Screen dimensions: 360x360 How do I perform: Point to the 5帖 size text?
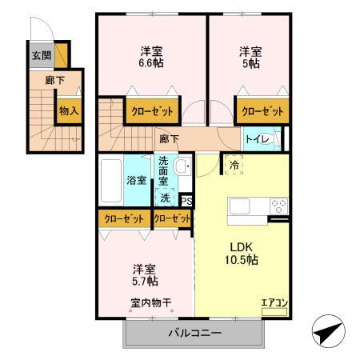[x=250, y=62]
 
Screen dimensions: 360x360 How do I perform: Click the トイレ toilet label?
[x=257, y=139]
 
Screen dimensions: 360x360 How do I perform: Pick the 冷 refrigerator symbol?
[x=234, y=164]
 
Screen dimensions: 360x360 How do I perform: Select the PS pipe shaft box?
[x=186, y=201]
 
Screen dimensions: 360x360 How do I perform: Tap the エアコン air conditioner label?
[x=273, y=302]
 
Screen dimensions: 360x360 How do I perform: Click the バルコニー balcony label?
[x=194, y=333]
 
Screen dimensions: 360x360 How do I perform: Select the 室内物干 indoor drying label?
[x=151, y=302]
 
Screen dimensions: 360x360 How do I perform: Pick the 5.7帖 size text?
[x=145, y=282]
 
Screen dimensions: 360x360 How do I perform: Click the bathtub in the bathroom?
[x=112, y=181]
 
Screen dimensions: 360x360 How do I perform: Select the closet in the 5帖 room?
[x=261, y=109]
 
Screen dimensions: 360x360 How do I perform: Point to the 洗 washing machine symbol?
[x=165, y=197]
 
